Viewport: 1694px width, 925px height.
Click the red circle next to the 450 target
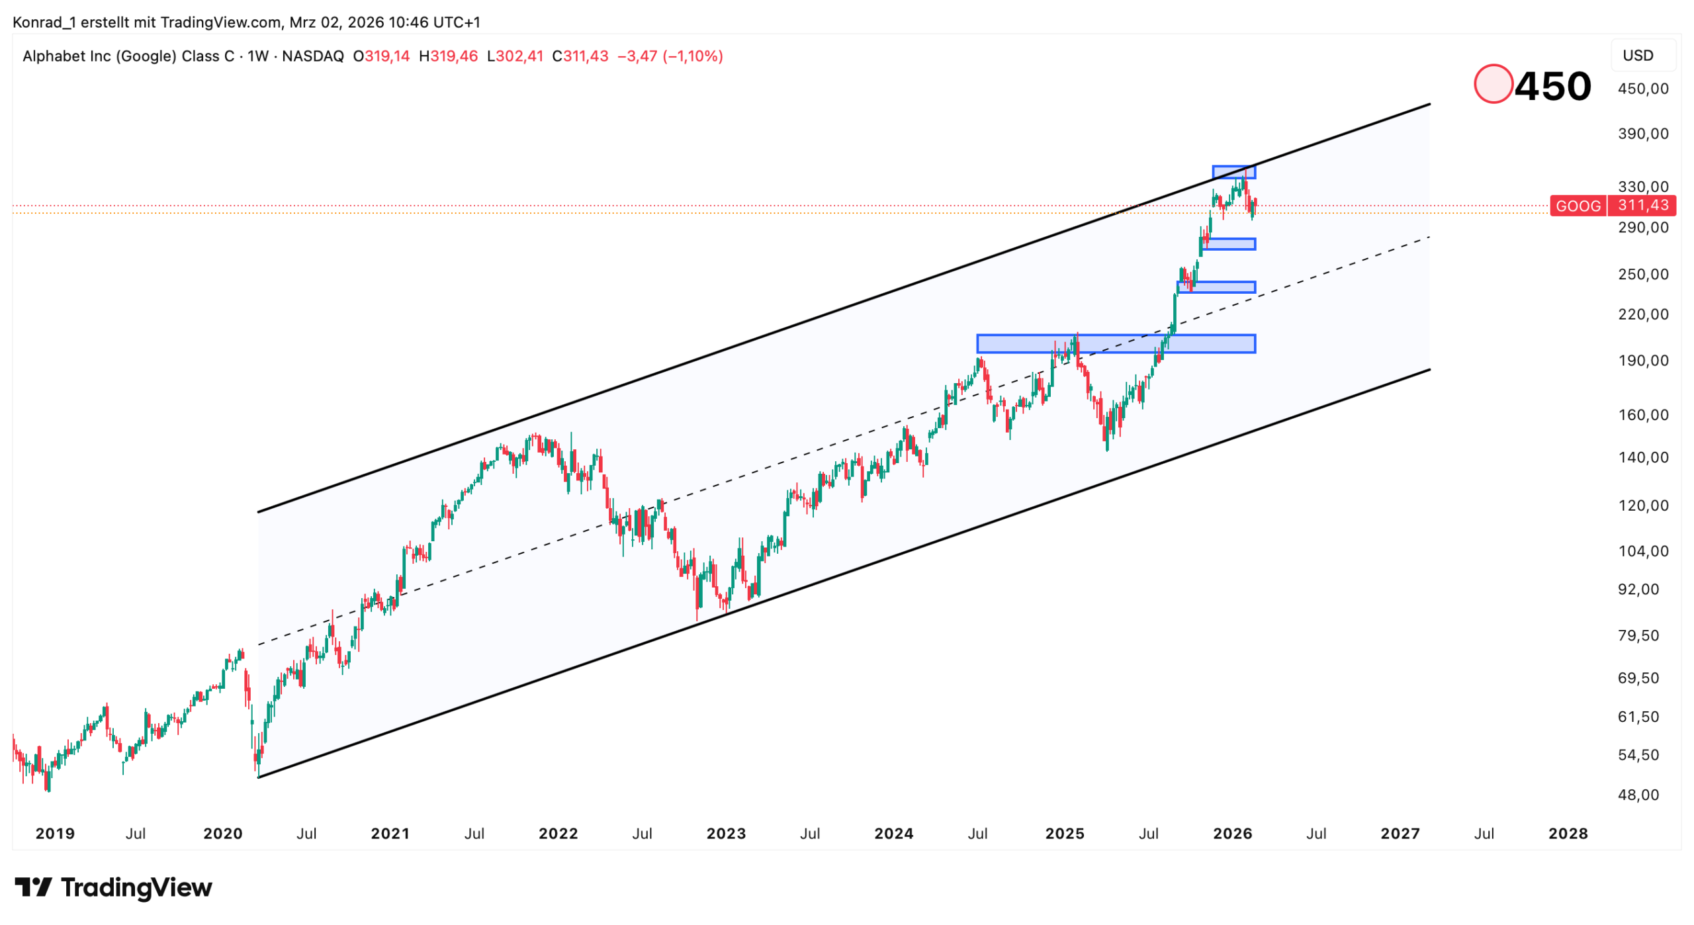click(1492, 84)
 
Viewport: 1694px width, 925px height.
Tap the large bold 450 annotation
click(1552, 86)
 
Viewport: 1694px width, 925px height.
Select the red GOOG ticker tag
click(1578, 206)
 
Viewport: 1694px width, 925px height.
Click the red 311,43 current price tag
click(1642, 205)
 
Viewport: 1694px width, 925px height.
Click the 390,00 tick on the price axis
click(1642, 134)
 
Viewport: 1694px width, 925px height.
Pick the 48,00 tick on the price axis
click(1638, 795)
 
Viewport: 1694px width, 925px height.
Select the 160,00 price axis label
click(1642, 415)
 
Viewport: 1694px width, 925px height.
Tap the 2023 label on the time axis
click(726, 833)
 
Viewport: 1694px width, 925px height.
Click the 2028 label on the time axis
click(1568, 833)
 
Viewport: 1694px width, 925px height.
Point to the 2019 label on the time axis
click(55, 833)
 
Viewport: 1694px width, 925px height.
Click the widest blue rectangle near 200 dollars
click(1116, 343)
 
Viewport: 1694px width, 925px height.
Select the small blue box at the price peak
click(1233, 172)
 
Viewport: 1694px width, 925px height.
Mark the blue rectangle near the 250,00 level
click(1216, 287)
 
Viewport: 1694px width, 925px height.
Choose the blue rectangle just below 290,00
click(1229, 243)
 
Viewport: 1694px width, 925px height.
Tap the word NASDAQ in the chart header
click(313, 56)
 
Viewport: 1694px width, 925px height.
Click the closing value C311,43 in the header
click(580, 56)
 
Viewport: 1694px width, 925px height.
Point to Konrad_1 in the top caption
click(44, 22)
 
